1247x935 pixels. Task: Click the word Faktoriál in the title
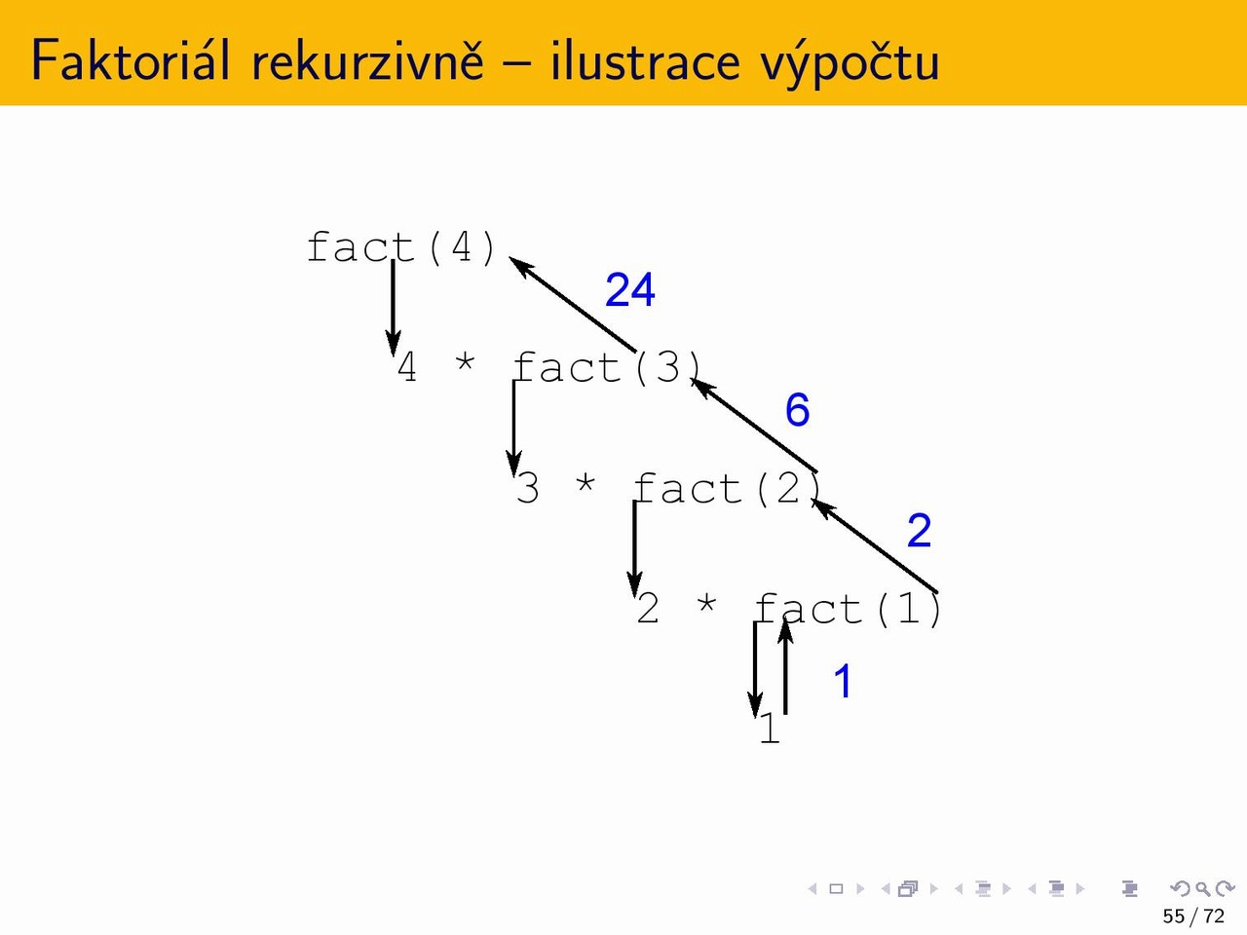click(131, 59)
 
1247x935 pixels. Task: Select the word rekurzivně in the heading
click(367, 59)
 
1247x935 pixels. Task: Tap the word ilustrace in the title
click(645, 59)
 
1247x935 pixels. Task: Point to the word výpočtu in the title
click(850, 61)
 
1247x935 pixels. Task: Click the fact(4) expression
click(401, 247)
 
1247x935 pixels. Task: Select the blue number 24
click(630, 290)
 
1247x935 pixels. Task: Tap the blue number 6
click(797, 410)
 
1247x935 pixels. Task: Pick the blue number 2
click(920, 531)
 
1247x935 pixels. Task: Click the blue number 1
click(843, 681)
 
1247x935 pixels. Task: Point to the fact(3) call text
click(608, 367)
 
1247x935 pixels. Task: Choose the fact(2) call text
click(728, 488)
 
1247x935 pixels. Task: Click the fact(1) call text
click(849, 609)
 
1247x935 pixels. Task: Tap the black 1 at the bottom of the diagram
click(770, 728)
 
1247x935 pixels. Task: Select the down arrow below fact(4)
click(393, 309)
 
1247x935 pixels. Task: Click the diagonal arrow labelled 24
click(572, 304)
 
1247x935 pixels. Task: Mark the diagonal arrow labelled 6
click(754, 426)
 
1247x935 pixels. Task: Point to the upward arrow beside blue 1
click(785, 665)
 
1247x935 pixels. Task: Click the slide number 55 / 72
click(1193, 916)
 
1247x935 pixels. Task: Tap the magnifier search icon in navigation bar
click(1202, 888)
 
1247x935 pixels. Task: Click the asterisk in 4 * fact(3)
click(465, 362)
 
